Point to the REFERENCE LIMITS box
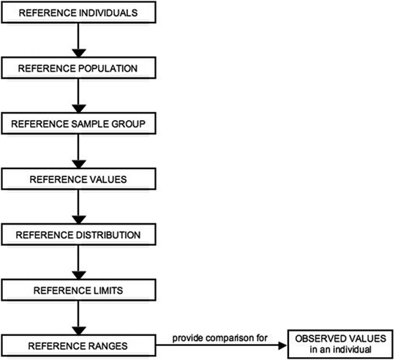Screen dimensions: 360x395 (77, 289)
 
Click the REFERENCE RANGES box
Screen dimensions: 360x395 (77, 343)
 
